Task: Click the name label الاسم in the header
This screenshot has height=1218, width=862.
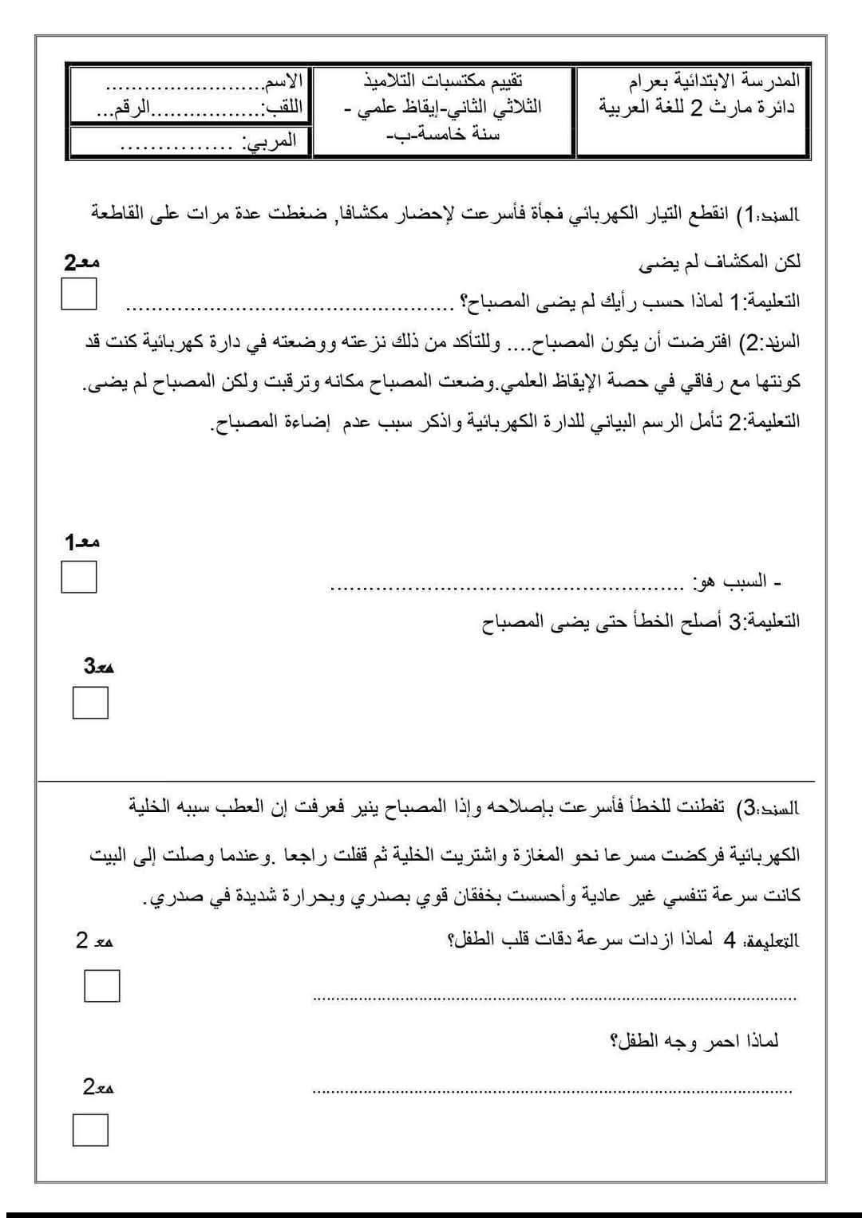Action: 283,81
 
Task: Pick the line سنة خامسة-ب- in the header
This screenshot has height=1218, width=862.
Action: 443,134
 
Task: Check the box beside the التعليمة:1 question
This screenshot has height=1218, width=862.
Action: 79,294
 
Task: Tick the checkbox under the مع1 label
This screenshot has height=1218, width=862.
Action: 79,577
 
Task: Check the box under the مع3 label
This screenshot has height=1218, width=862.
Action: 90,703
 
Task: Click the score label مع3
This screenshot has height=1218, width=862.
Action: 98,666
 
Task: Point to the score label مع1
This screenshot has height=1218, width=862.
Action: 82,542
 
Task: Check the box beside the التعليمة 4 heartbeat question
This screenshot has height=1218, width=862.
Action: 102,986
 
